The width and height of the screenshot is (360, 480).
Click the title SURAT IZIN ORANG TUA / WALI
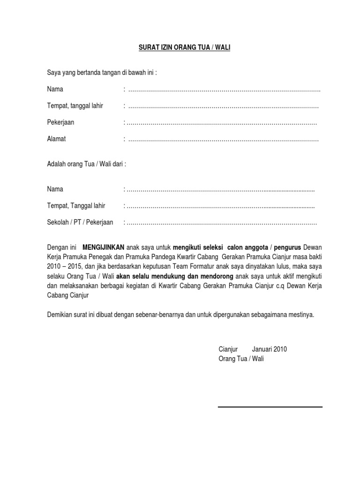coord(180,48)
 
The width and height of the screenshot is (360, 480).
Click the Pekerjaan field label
coord(60,122)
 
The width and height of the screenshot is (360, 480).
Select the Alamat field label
coord(56,139)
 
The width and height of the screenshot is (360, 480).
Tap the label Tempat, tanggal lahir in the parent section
coord(75,106)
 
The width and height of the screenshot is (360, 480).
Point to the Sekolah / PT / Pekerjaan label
coord(80,222)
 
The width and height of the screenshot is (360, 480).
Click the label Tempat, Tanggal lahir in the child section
coord(76,206)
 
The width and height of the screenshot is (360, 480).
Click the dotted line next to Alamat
coord(223,139)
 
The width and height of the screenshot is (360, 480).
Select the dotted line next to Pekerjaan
coord(221,123)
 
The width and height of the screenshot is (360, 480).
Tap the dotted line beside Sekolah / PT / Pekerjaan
coord(221,223)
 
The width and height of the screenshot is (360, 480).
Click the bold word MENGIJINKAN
coord(104,247)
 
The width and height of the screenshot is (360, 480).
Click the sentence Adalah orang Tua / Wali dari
coord(86,164)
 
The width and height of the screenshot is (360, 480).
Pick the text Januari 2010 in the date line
coord(270,349)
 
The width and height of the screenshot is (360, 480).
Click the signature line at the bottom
coord(270,407)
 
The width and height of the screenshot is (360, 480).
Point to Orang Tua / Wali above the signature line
coord(241,359)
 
